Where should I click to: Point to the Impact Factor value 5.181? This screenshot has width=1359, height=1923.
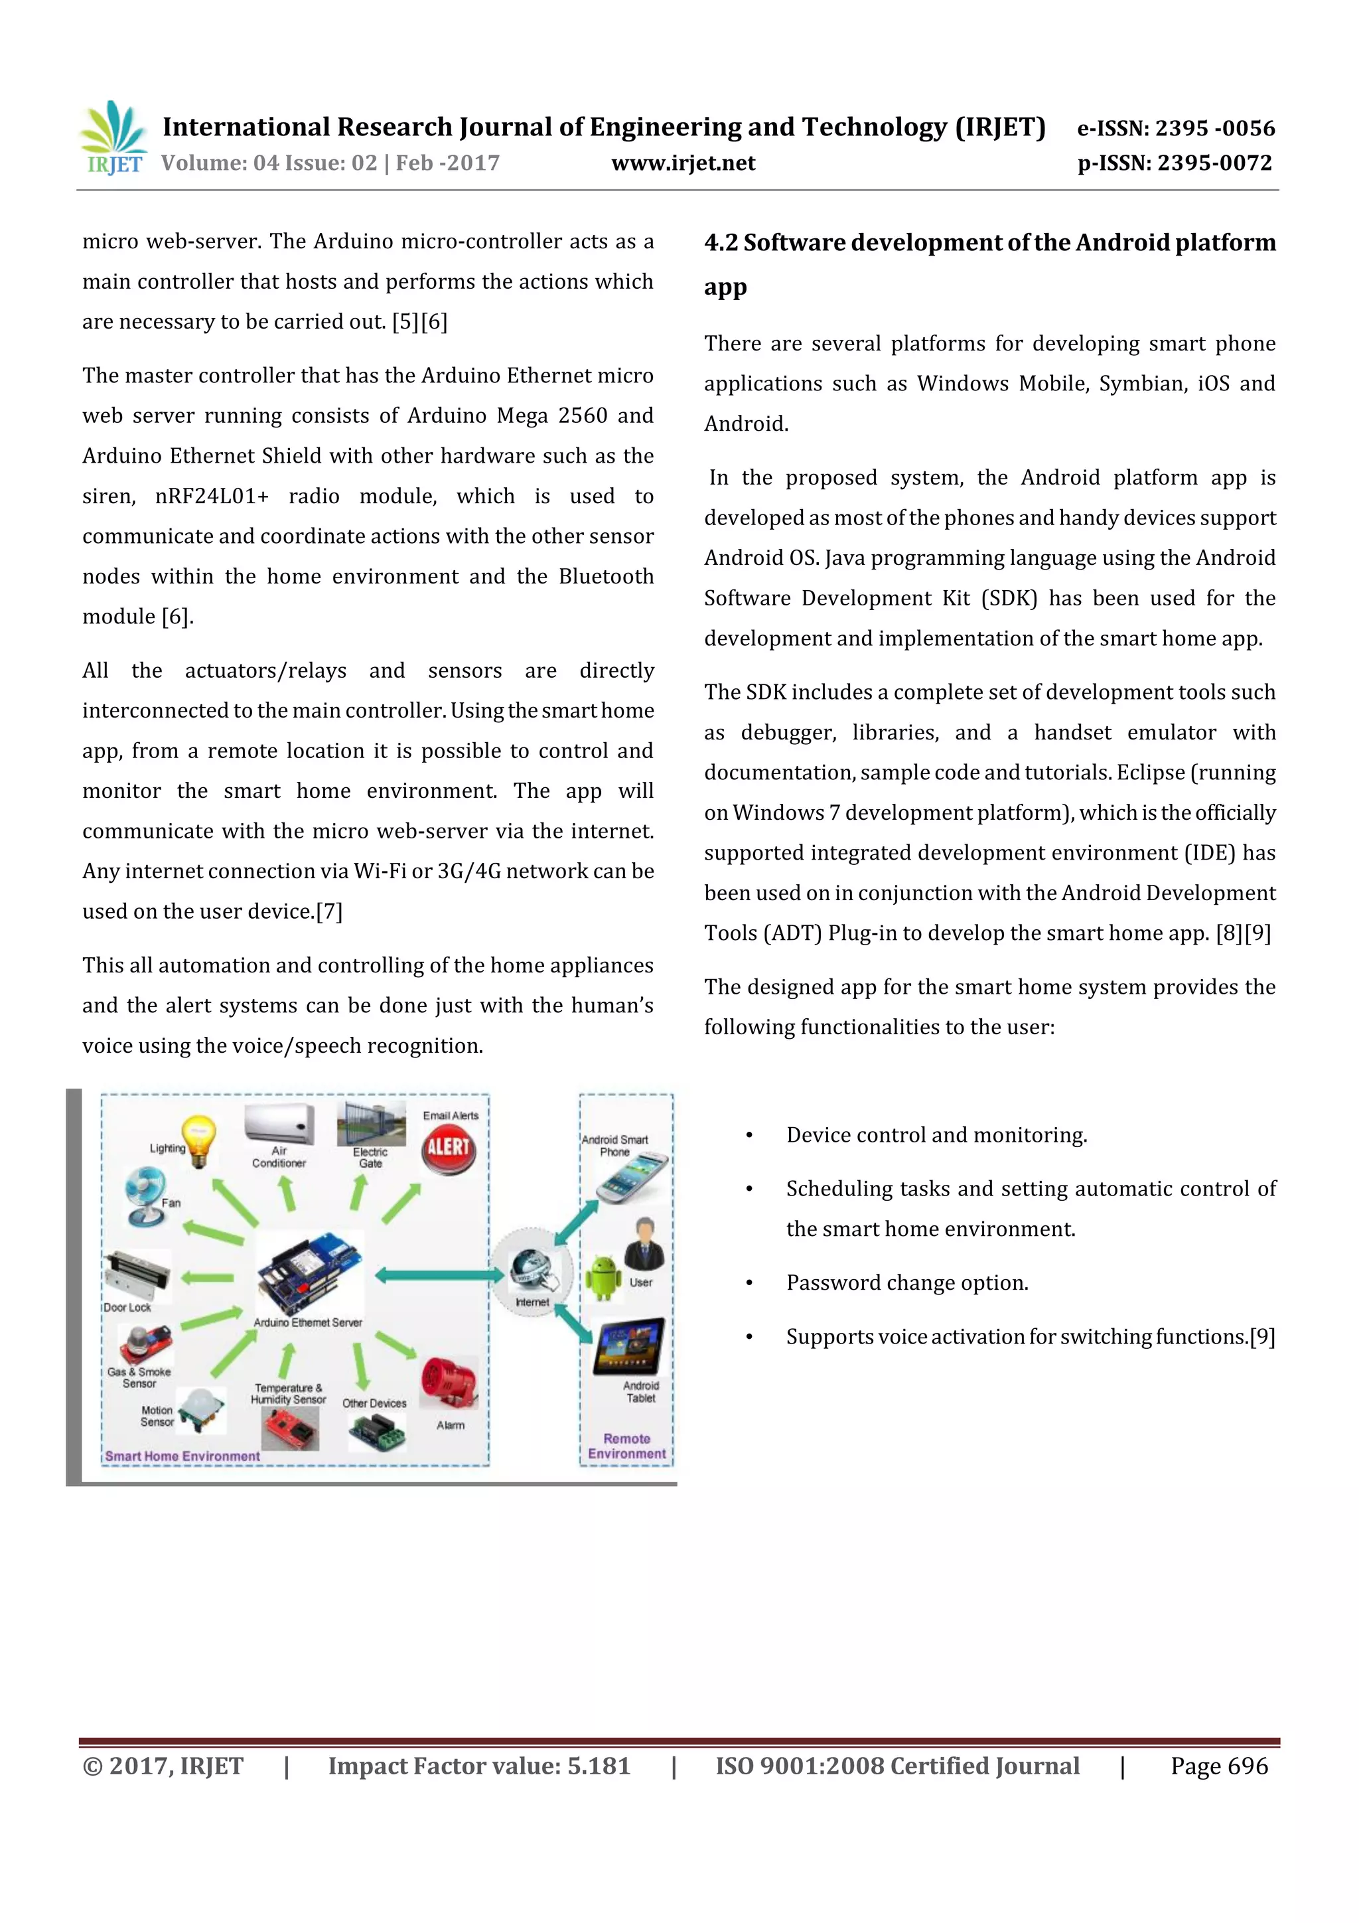(598, 1766)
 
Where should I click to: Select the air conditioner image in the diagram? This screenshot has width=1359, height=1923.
(279, 1123)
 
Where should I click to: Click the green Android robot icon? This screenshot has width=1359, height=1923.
(603, 1277)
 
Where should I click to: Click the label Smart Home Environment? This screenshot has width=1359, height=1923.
(182, 1456)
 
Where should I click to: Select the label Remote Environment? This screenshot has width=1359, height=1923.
(626, 1446)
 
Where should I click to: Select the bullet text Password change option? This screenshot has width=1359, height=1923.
(907, 1283)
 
